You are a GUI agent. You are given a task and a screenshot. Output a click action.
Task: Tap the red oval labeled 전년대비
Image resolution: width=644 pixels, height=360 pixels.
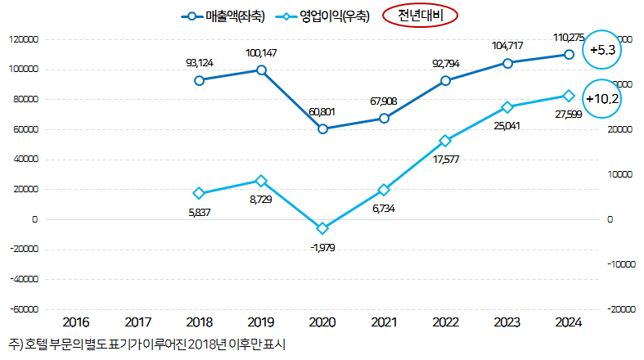419,15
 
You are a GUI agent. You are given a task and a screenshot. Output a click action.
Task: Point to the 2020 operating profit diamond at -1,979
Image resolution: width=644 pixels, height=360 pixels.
322,228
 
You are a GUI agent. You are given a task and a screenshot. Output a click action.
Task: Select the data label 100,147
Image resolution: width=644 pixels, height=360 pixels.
261,53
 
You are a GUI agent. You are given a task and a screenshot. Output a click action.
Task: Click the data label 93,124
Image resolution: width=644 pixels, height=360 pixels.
200,62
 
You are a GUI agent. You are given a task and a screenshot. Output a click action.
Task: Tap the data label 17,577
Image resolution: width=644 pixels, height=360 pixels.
445,158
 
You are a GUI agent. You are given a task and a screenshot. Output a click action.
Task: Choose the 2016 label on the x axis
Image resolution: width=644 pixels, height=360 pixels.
76,322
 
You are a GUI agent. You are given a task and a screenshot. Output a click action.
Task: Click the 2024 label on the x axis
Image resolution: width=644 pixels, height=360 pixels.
569,322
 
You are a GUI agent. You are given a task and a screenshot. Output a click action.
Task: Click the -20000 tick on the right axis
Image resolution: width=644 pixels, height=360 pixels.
619,309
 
